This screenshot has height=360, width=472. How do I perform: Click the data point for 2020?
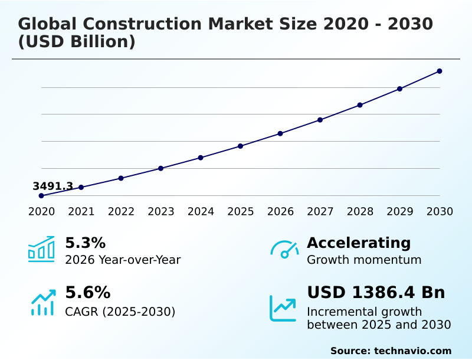41,195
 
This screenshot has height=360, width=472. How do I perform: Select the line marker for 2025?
240,146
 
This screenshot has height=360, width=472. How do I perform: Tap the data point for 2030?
440,71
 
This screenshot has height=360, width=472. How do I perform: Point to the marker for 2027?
320,120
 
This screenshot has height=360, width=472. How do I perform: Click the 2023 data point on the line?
161,168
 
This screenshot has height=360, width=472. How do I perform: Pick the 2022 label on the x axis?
121,211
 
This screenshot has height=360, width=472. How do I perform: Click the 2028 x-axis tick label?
360,211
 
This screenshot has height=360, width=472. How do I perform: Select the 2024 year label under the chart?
201,211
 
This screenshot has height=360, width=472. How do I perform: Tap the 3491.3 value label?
53,186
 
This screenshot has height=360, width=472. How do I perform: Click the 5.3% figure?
85,243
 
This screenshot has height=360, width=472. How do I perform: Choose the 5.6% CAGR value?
87,292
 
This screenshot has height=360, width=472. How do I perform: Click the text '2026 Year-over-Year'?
123,260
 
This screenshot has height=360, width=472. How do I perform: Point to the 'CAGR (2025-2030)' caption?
120,311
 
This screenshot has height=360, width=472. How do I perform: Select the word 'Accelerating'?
359,243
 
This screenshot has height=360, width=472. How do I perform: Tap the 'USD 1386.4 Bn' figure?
376,292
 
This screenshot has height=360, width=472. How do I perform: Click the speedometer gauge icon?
284,249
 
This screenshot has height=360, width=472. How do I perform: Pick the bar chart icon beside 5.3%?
41,249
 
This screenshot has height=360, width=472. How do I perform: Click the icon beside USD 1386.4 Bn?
283,308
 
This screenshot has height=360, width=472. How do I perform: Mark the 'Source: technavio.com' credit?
391,351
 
